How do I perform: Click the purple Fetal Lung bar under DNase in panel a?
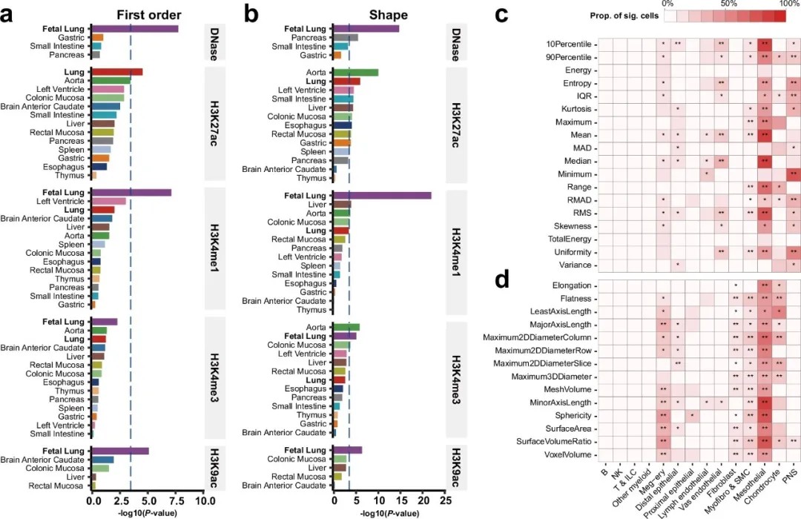click(x=134, y=28)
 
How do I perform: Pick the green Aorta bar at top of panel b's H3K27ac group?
click(x=355, y=72)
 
